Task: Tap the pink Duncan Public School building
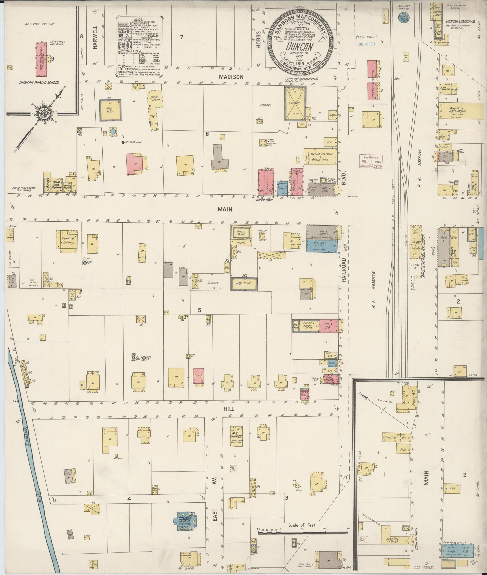[41, 59]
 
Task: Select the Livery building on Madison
[295, 103]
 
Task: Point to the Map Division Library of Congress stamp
[371, 161]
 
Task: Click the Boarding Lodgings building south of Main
[68, 241]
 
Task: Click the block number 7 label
[181, 37]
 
